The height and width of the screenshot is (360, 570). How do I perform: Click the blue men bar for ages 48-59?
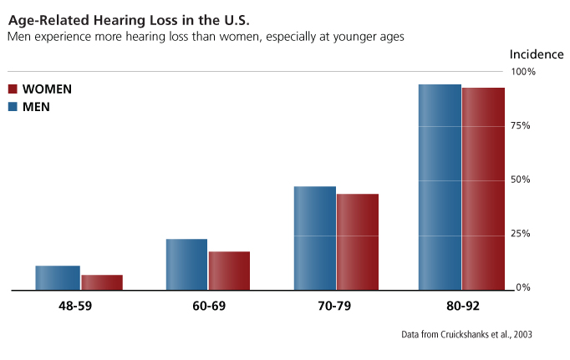[x=57, y=278]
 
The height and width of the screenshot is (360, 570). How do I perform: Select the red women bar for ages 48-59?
[x=101, y=282]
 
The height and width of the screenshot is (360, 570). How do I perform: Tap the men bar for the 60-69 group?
[x=186, y=265]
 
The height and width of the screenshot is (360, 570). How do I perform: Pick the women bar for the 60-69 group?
[x=229, y=271]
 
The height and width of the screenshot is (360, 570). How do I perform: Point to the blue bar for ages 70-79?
[x=314, y=238]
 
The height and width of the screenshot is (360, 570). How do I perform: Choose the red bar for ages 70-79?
[x=358, y=242]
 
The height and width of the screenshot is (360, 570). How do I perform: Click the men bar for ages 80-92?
[x=440, y=187]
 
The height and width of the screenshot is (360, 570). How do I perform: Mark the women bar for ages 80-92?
[x=483, y=189]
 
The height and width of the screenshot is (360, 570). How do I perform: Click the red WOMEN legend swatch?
[x=13, y=89]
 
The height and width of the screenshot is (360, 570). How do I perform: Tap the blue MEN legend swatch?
[x=13, y=106]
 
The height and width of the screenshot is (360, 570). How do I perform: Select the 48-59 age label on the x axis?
[x=75, y=307]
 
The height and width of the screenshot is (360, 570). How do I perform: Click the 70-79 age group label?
[x=334, y=307]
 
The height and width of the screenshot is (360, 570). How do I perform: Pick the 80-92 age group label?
[x=461, y=307]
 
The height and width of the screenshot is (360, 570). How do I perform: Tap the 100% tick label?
[x=523, y=72]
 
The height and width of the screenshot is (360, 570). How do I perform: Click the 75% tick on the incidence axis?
[x=522, y=125]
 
